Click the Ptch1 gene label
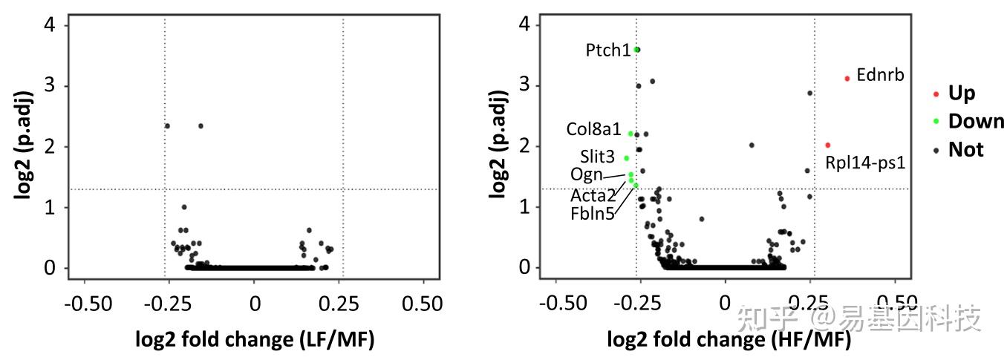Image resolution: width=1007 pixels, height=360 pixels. click(607, 50)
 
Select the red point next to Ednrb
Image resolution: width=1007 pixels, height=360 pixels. click(847, 79)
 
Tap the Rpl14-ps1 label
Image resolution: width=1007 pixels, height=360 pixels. click(865, 162)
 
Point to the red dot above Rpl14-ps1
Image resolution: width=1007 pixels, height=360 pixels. click(828, 145)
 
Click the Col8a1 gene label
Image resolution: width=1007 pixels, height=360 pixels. click(593, 129)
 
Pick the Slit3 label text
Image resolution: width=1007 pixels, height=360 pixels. click(598, 157)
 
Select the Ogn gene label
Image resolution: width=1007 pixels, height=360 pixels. click(586, 174)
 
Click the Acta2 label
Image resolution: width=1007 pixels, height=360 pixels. click(593, 195)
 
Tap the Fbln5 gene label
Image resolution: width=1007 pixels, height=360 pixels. click(592, 215)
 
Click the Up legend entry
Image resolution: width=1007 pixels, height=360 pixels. click(961, 94)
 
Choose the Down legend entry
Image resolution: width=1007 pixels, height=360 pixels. click(976, 122)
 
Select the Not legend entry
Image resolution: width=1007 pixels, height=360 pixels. click(965, 150)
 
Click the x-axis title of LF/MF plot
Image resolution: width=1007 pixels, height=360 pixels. click(255, 340)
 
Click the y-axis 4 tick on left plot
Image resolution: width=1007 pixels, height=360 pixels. click(50, 25)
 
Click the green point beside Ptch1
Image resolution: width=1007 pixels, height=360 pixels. click(637, 50)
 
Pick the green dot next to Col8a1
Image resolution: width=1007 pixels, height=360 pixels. click(630, 134)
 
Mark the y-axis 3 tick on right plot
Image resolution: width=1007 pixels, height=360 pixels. click(524, 85)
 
